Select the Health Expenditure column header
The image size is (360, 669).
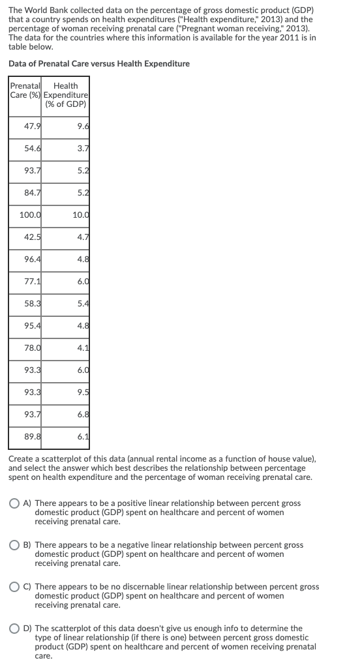[66, 95]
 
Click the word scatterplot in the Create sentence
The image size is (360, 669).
[56, 460]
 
